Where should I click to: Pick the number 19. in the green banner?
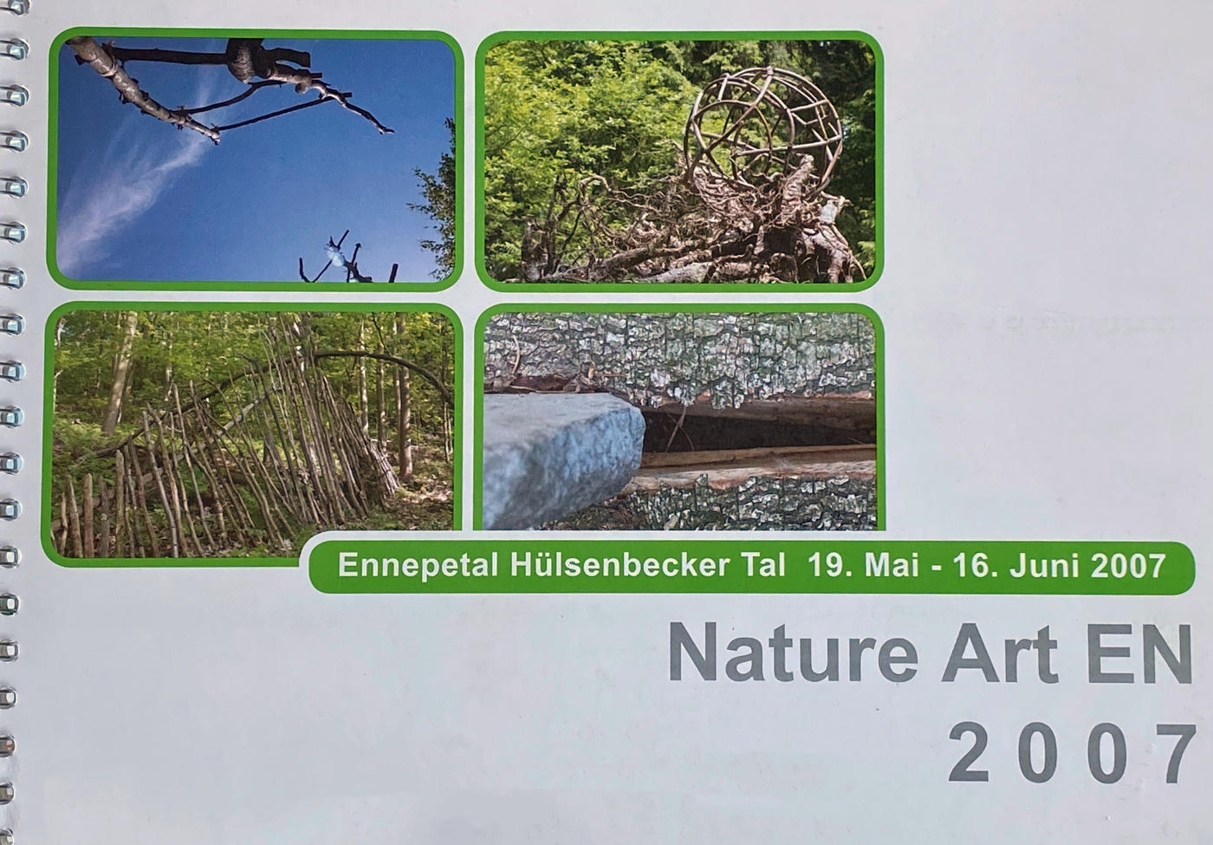[x=831, y=565]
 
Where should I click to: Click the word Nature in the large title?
[x=794, y=653]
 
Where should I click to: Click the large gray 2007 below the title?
[x=1072, y=753]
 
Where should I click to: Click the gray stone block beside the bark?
[x=563, y=460]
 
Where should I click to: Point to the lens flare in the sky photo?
[x=334, y=256]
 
